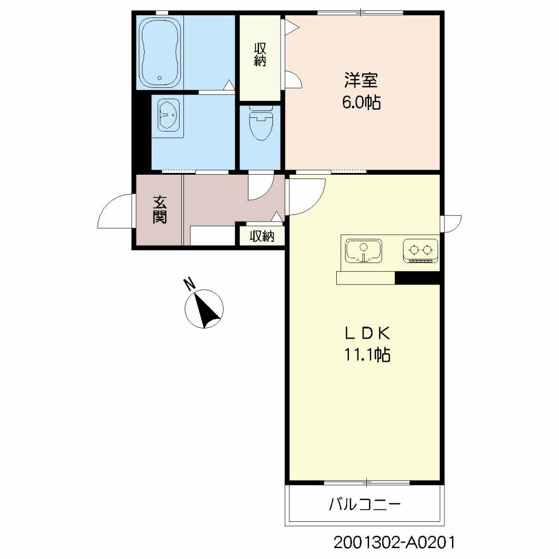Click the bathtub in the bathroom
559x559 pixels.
click(x=159, y=52)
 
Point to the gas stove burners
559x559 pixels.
click(x=421, y=251)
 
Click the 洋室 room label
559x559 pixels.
click(x=360, y=81)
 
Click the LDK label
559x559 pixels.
click(x=366, y=334)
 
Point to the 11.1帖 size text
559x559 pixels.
click(x=366, y=355)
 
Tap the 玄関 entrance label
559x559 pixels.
click(x=159, y=210)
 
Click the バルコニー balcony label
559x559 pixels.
click(x=365, y=504)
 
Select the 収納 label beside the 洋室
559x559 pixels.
click(x=260, y=55)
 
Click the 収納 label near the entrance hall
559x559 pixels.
click(x=261, y=236)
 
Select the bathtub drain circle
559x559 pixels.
click(x=159, y=78)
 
